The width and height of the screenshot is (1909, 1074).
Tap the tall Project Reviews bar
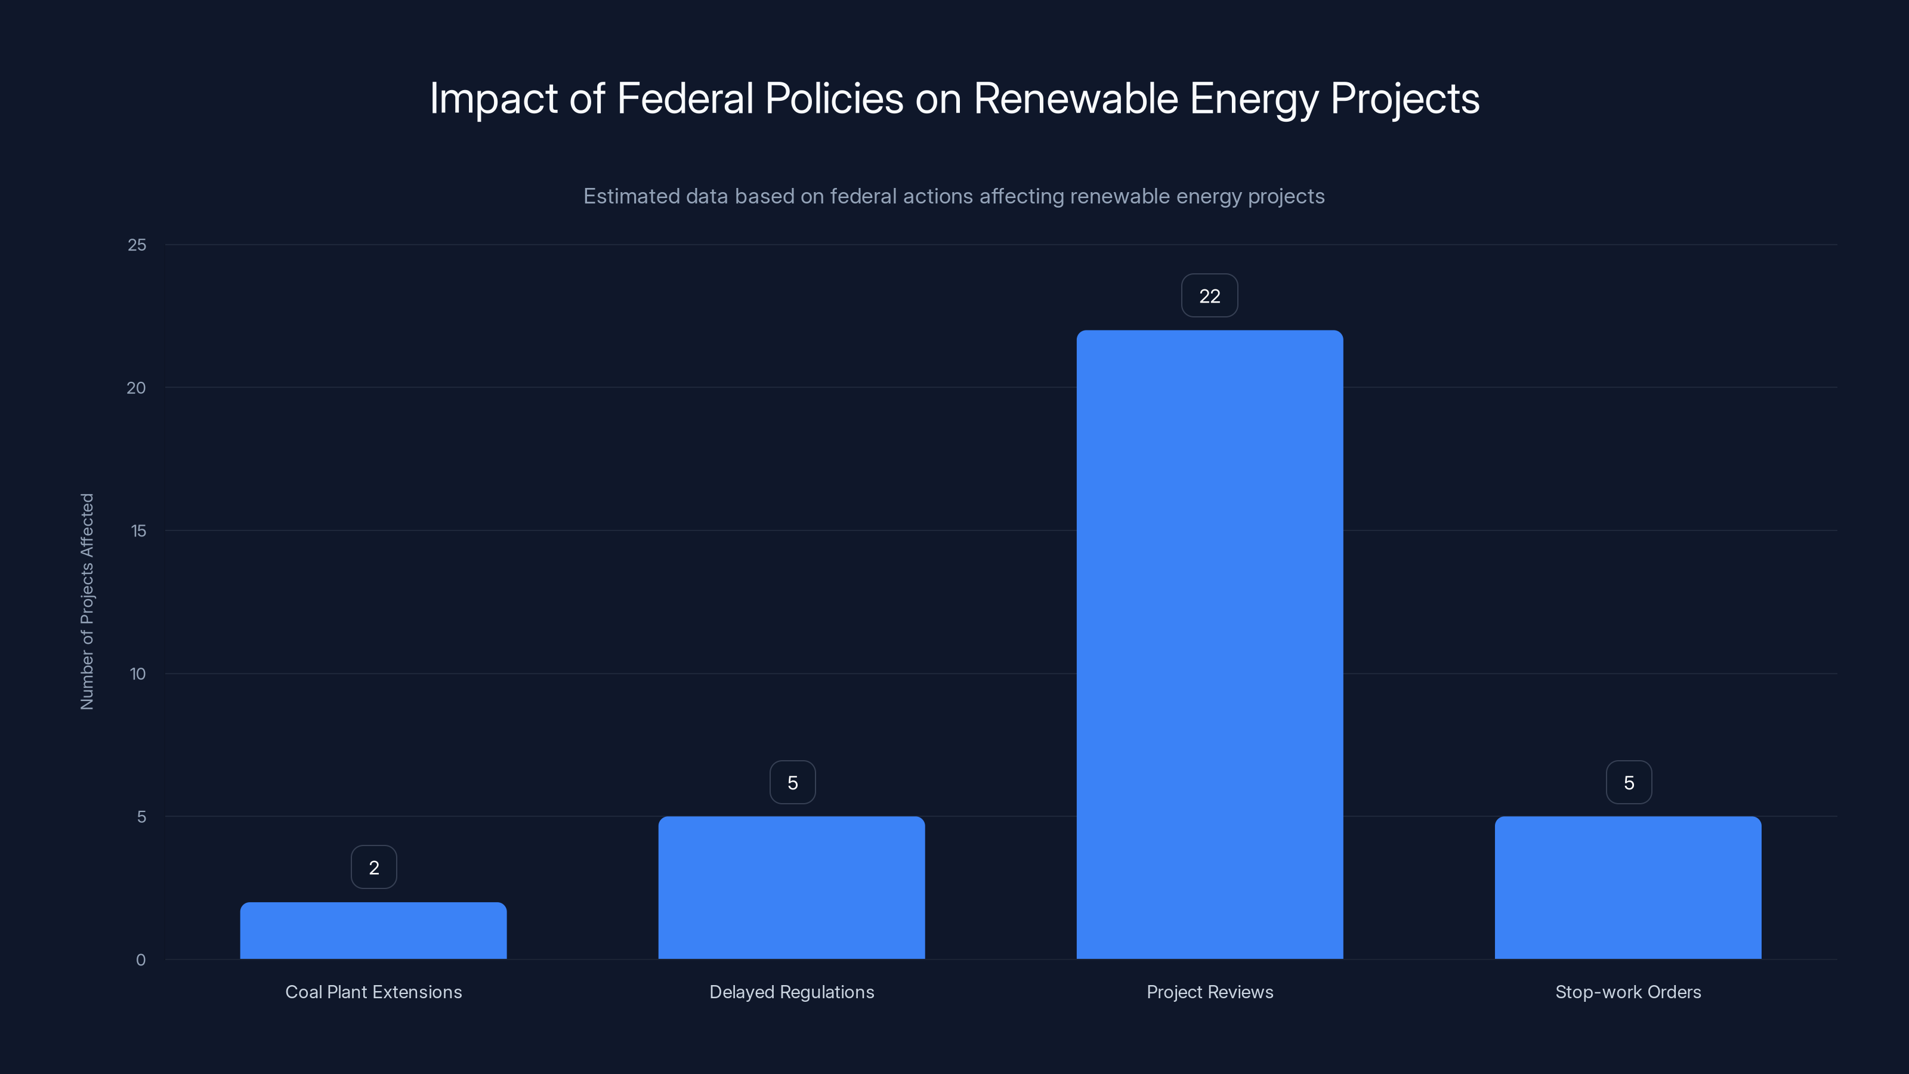(1209, 644)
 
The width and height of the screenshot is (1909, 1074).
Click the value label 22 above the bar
(1209, 296)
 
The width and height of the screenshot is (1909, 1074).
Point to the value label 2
(373, 867)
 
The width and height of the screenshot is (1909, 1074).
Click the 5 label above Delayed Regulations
(792, 783)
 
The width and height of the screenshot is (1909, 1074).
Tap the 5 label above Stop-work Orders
(1628, 783)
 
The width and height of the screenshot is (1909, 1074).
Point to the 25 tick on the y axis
(137, 245)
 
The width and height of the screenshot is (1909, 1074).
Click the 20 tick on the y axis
(137, 388)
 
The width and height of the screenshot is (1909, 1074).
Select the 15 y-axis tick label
(138, 530)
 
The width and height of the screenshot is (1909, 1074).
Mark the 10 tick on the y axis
(138, 674)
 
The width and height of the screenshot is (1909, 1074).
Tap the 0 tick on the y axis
(141, 960)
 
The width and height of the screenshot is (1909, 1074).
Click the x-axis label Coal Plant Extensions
(373, 992)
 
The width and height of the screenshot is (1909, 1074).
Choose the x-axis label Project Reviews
(1209, 992)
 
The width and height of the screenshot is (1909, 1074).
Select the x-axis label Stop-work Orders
(1627, 992)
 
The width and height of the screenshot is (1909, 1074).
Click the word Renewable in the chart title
(1075, 98)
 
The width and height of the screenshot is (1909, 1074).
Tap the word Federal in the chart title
(685, 98)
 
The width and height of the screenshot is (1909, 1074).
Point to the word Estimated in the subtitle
(631, 196)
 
